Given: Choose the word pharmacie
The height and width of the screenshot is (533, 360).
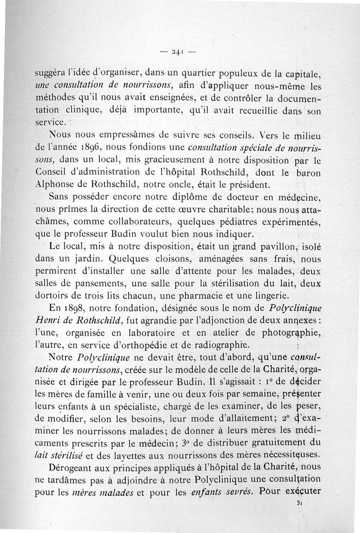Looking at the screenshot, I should [229, 296].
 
